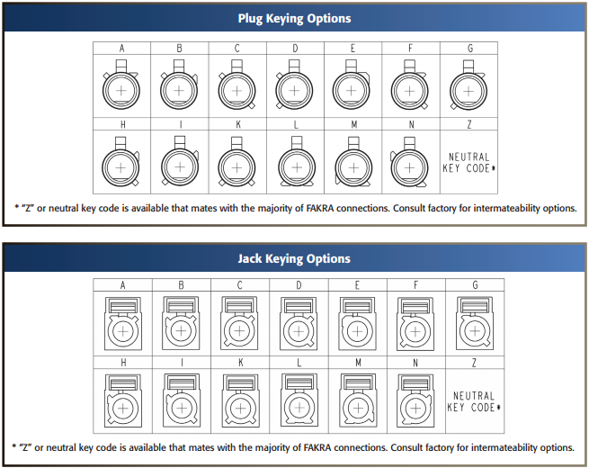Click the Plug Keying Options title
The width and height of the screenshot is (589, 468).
coord(295,18)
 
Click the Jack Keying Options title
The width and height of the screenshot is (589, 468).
coord(294,258)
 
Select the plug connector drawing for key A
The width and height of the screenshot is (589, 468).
coord(121,85)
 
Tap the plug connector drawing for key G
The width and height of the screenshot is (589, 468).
coord(469,85)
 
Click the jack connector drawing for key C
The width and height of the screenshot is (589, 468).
coord(240,323)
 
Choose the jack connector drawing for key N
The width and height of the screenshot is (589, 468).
coord(415,400)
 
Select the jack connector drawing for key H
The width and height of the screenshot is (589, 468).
coord(123,400)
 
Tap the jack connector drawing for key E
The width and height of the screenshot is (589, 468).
coord(357,323)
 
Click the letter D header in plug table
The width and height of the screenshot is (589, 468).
coord(295,48)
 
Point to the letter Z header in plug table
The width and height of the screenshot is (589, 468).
coord(469,124)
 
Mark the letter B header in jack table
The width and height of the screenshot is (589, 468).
coord(181,285)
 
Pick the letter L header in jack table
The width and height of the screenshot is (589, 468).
coord(299,363)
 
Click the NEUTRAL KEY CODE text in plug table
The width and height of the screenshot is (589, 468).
coord(469,162)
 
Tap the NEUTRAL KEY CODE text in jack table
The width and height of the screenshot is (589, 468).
coord(474,401)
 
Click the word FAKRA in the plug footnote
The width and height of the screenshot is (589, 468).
coord(320,208)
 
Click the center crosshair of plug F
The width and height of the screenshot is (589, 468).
coord(410,91)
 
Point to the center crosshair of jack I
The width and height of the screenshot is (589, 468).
coord(182,408)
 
